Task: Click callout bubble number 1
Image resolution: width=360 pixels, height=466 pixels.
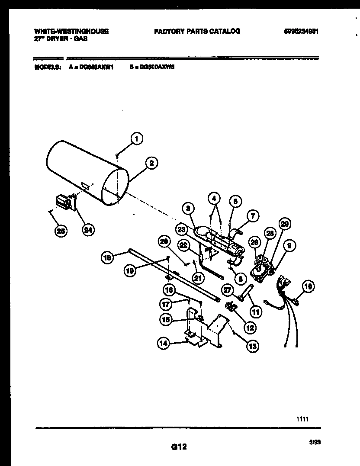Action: pos(137,139)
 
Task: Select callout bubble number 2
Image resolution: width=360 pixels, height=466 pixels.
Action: pos(151,164)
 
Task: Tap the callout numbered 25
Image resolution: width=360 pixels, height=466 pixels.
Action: pos(61,231)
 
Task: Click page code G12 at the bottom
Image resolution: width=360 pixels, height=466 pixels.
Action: pos(175,446)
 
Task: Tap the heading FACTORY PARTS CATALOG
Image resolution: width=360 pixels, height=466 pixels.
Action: pos(197,31)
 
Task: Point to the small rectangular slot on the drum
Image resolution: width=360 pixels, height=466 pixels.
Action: pos(86,186)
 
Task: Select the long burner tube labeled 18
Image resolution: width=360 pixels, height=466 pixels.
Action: pos(173,277)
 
